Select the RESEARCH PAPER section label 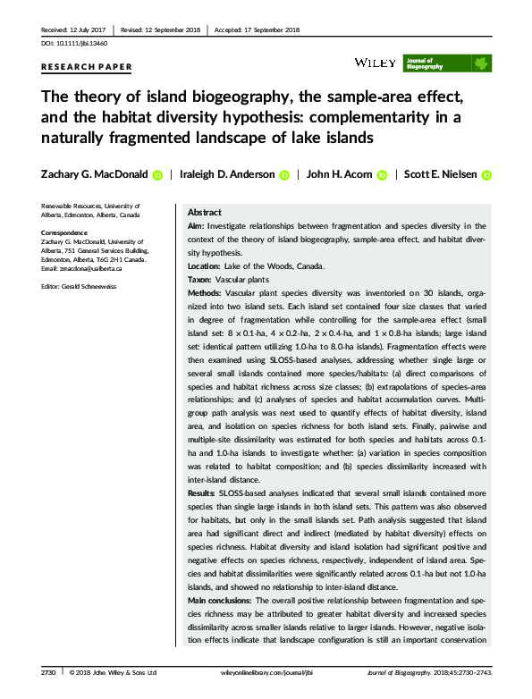point(87,67)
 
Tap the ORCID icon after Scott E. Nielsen point(487,176)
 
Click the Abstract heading point(206,213)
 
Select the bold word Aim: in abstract point(196,227)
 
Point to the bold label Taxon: point(201,280)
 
